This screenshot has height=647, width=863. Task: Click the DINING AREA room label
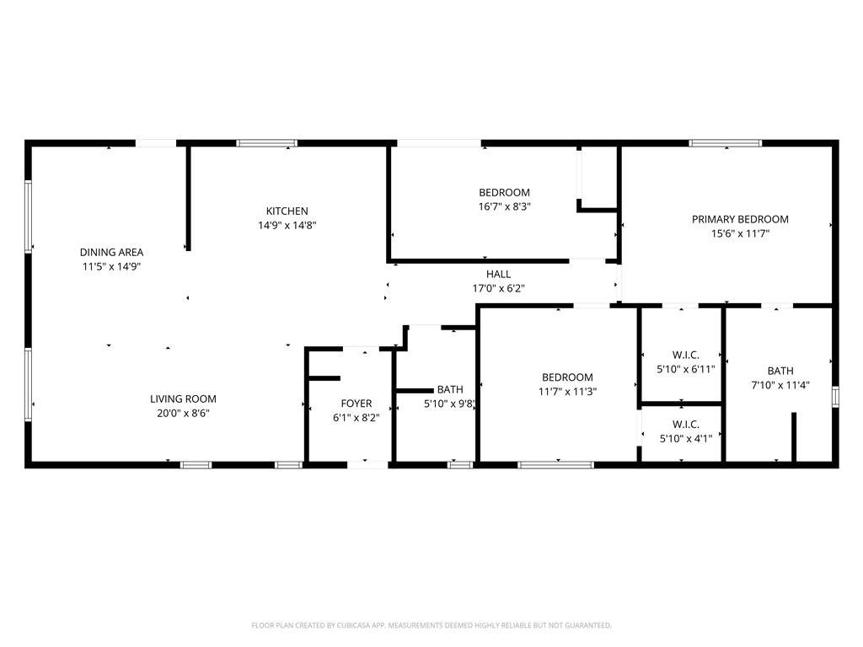point(112,253)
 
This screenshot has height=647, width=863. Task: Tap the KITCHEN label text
point(287,211)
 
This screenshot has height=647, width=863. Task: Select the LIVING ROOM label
point(183,399)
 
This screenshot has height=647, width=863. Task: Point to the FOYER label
point(356,404)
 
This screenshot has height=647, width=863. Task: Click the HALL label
point(498,274)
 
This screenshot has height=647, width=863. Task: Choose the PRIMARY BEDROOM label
point(740,220)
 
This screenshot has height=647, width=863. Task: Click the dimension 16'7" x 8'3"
point(505,207)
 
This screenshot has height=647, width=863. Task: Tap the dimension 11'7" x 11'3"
point(567,392)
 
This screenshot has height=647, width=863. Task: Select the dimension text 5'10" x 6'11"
point(686,369)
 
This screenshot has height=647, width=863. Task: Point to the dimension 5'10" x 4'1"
point(686,438)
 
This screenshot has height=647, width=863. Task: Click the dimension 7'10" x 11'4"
point(780,385)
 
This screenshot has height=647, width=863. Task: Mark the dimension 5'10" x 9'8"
point(449,404)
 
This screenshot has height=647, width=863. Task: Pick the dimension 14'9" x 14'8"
point(287,225)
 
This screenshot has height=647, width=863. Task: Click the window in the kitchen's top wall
point(267,143)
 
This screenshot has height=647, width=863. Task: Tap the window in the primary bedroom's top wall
point(726,143)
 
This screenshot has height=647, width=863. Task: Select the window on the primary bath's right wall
point(835,397)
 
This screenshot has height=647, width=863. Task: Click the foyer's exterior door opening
point(367,465)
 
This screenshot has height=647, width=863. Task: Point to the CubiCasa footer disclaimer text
point(431,625)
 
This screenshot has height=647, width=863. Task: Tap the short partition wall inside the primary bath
point(794,437)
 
